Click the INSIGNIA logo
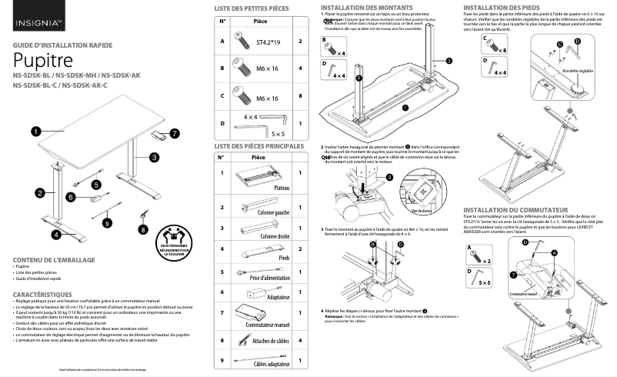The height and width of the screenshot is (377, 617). tap(32, 12)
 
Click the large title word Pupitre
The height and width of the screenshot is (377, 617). tap(43, 59)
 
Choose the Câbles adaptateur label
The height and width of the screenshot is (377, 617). tap(265, 364)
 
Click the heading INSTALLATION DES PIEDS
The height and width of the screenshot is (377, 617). tap(502, 7)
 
